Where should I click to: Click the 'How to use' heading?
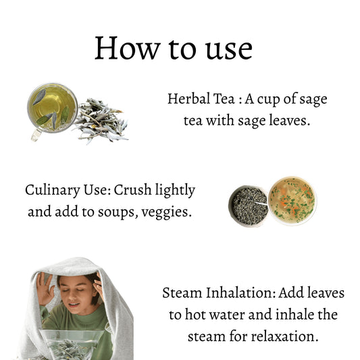[174, 49]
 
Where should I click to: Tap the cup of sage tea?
[53, 108]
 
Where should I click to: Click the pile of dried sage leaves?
[101, 121]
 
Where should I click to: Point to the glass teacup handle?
[36, 135]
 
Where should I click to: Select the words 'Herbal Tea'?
[201, 99]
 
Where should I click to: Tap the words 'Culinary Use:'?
[68, 190]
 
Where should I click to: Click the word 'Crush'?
[132, 190]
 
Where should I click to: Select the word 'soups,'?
[118, 212]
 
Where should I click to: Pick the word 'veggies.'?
[166, 212]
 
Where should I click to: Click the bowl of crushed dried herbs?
[249, 206]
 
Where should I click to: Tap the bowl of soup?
[292, 201]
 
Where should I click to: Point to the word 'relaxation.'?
[285, 336]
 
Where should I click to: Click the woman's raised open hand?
[45, 288]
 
